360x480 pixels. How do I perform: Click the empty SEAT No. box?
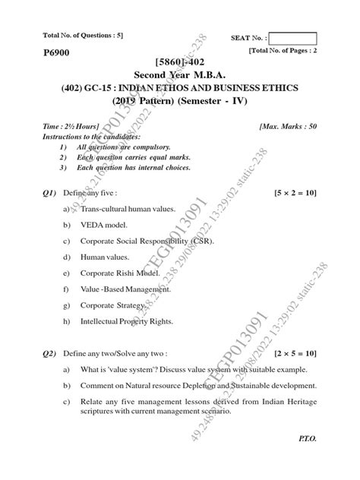[292, 38]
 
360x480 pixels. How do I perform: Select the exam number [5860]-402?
[179, 62]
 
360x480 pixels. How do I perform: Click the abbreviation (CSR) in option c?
[201, 241]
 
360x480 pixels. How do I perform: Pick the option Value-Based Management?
[125, 289]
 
